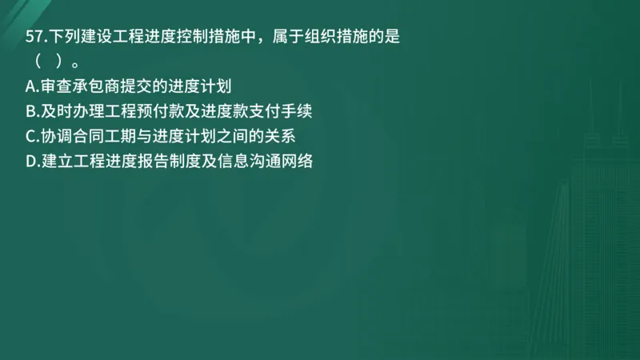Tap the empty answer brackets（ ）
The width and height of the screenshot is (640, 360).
coord(48,62)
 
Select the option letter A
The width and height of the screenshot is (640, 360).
coord(30,85)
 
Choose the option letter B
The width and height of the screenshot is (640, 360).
coord(30,110)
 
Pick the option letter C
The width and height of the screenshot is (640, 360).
coord(30,136)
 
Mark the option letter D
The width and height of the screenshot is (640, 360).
coord(31,161)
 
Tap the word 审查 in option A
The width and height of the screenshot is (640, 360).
coord(57,85)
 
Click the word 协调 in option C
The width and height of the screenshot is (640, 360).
coord(57,136)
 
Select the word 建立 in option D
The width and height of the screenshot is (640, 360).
coord(57,161)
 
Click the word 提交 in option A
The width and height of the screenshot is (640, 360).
coord(146,85)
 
